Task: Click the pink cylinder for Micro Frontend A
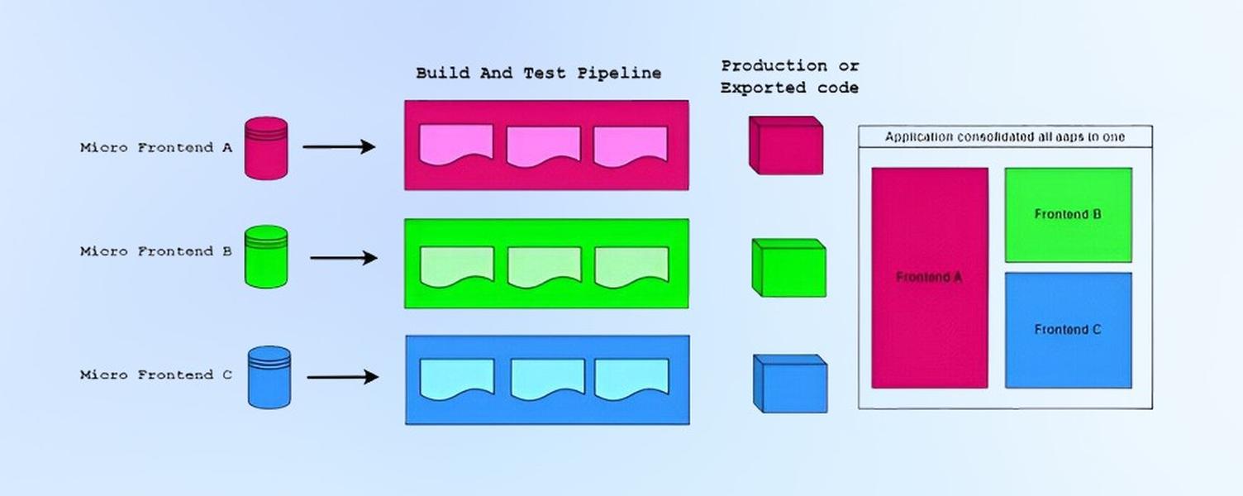(x=266, y=148)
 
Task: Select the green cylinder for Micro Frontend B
(x=266, y=256)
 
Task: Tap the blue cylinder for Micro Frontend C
(x=269, y=377)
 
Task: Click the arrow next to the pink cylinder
(x=339, y=147)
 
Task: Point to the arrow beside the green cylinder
(x=344, y=258)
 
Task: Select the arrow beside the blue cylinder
(x=343, y=377)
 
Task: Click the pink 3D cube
(x=786, y=145)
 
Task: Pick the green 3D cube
(x=789, y=268)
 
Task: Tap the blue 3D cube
(x=790, y=384)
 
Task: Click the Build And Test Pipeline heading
(x=539, y=74)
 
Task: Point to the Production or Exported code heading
(x=789, y=77)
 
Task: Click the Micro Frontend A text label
(x=156, y=148)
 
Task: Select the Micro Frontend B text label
(x=156, y=251)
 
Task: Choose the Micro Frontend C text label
(x=156, y=375)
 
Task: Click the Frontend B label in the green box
(x=1068, y=214)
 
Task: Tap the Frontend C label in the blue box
(x=1068, y=330)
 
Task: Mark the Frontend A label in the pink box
(x=930, y=277)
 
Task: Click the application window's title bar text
(x=1005, y=136)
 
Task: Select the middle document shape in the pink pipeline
(x=544, y=146)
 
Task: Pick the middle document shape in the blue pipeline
(x=548, y=379)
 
